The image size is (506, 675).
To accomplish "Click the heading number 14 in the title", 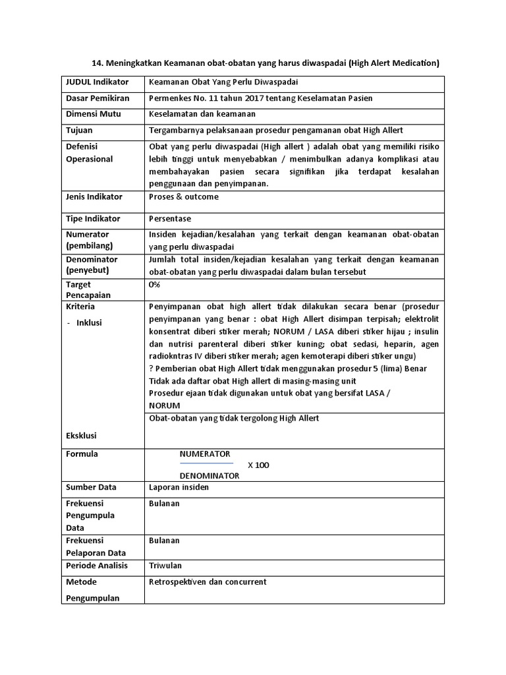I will tap(96, 63).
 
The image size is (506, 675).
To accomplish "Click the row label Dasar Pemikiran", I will tap(98, 98).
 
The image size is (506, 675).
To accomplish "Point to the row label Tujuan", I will tap(79, 131).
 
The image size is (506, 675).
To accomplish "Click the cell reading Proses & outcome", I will tap(184, 196).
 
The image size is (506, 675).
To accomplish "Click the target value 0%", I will tap(155, 284).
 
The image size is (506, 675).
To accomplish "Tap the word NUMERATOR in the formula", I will tap(205, 454).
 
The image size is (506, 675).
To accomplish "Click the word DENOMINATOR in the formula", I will tap(209, 475).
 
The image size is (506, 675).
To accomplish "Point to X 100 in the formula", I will tap(258, 465).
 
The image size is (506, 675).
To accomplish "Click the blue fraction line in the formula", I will tap(206, 464).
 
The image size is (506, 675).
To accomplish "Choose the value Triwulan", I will tap(165, 566).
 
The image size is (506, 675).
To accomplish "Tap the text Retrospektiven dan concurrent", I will tap(208, 582).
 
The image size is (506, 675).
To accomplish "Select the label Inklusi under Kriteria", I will tap(89, 322).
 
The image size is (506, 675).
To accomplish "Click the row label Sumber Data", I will tap(91, 487).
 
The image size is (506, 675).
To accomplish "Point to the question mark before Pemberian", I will tap(151, 368).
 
